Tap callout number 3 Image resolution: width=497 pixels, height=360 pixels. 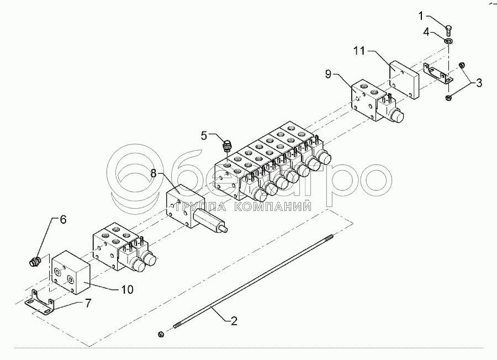coord(479,83)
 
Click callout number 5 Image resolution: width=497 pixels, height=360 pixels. coord(204,135)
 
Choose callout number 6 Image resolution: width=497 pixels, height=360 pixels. coord(62,219)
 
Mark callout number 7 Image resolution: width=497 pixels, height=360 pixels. coord(87,303)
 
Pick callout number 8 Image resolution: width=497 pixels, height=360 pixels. coord(154,174)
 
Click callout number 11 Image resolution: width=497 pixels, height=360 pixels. coord(359,51)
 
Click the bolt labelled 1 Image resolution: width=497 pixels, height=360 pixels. coord(450,26)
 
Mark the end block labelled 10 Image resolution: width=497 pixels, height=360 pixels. coord(69,273)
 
